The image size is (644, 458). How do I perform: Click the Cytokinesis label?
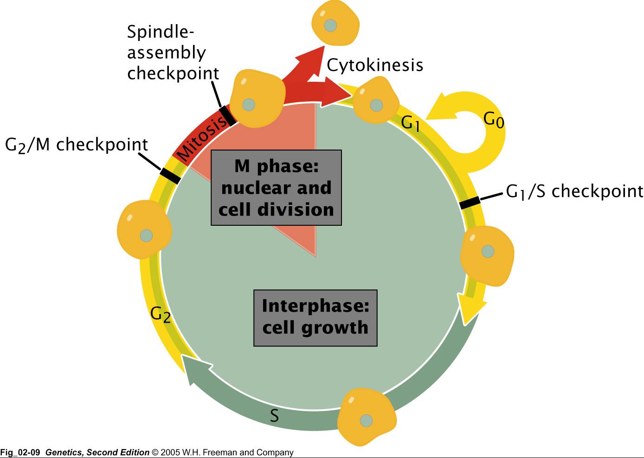pyautogui.click(x=375, y=65)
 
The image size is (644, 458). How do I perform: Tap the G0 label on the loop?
pyautogui.click(x=493, y=120)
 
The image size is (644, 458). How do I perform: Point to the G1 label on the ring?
pyautogui.click(x=411, y=123)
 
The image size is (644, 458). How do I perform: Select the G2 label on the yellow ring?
pyautogui.click(x=161, y=314)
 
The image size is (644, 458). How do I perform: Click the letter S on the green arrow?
pyautogui.click(x=275, y=415)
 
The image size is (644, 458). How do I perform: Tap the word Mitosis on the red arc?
pyautogui.click(x=203, y=137)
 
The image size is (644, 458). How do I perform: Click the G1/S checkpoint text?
pyautogui.click(x=574, y=191)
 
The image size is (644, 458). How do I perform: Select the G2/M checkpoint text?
pyautogui.click(x=77, y=145)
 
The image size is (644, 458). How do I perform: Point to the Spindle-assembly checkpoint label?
pyautogui.click(x=173, y=52)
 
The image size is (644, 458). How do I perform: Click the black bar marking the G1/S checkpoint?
pyautogui.click(x=470, y=203)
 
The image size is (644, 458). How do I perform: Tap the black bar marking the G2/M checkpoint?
pyautogui.click(x=170, y=176)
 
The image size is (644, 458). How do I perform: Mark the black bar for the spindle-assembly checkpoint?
pyautogui.click(x=227, y=116)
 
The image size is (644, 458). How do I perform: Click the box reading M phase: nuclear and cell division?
pyautogui.click(x=276, y=188)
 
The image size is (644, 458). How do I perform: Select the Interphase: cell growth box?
pyautogui.click(x=315, y=318)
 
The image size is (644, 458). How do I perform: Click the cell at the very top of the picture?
pyautogui.click(x=335, y=23)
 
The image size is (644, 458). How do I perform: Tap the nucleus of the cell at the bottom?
pyautogui.click(x=367, y=421)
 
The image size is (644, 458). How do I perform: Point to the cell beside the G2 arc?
pyautogui.click(x=144, y=230)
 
